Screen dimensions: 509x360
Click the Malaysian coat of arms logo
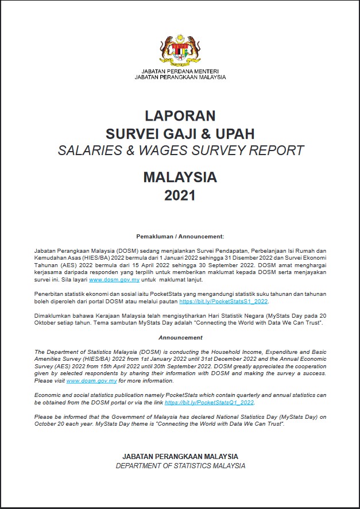180,50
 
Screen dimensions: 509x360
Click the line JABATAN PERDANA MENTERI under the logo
180,71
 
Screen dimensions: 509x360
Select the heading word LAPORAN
180,115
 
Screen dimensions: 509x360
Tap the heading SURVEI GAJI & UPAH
180,133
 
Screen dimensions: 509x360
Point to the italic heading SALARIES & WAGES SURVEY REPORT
180,151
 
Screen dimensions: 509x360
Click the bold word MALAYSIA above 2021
180,177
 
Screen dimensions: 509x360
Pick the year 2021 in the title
180,195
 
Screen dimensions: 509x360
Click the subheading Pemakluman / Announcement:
180,236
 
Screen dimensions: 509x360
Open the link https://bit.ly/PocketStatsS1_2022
223,301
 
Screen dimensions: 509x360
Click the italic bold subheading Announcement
180,338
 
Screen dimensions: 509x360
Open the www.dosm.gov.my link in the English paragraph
92,381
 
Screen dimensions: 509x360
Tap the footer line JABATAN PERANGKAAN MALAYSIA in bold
180,457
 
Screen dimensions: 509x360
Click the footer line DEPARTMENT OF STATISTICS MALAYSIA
180,466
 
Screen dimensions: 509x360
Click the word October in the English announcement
47,424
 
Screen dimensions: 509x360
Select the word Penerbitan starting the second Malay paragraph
50,294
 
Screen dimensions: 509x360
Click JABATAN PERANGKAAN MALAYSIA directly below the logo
180,77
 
